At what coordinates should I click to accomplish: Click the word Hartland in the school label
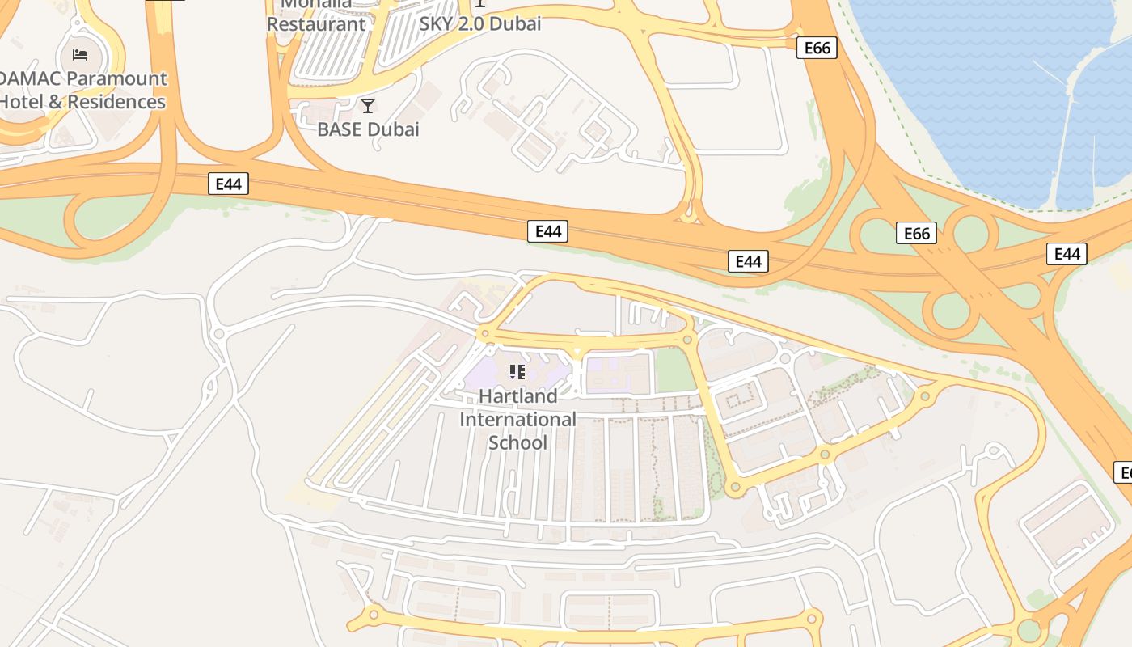(x=518, y=396)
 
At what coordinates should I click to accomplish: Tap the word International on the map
(x=518, y=419)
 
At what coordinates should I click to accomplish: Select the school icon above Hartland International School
(x=517, y=372)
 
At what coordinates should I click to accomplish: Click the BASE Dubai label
(x=368, y=129)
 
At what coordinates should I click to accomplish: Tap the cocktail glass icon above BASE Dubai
(x=368, y=105)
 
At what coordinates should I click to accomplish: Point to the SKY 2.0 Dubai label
(x=480, y=23)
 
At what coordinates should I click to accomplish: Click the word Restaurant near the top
(x=316, y=24)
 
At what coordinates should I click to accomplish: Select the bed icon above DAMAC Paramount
(x=80, y=55)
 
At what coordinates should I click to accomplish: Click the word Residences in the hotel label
(x=116, y=102)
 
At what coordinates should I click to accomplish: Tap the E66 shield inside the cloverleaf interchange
(x=916, y=234)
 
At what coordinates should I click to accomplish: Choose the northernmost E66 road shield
(x=817, y=48)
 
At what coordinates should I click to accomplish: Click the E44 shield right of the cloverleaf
(x=1067, y=254)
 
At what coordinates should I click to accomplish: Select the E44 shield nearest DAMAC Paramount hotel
(x=229, y=184)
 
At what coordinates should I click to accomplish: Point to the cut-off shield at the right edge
(x=1123, y=472)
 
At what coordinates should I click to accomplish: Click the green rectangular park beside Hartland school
(x=674, y=370)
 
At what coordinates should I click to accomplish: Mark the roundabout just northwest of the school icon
(x=485, y=332)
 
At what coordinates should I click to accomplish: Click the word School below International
(x=518, y=442)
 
